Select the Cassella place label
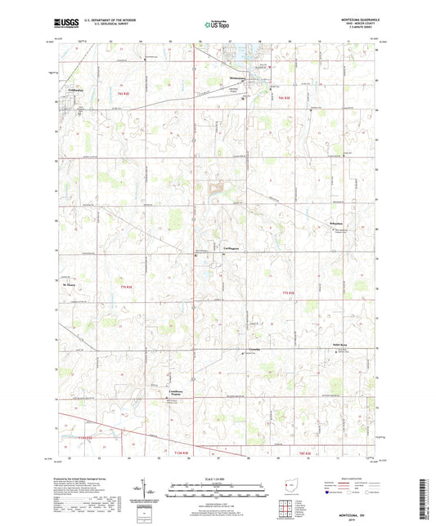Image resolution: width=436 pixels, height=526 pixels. (254, 350)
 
